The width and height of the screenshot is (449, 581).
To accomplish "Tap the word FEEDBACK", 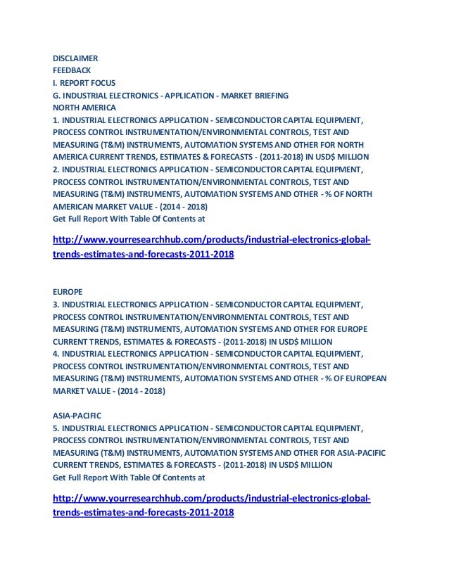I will (x=73, y=70).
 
